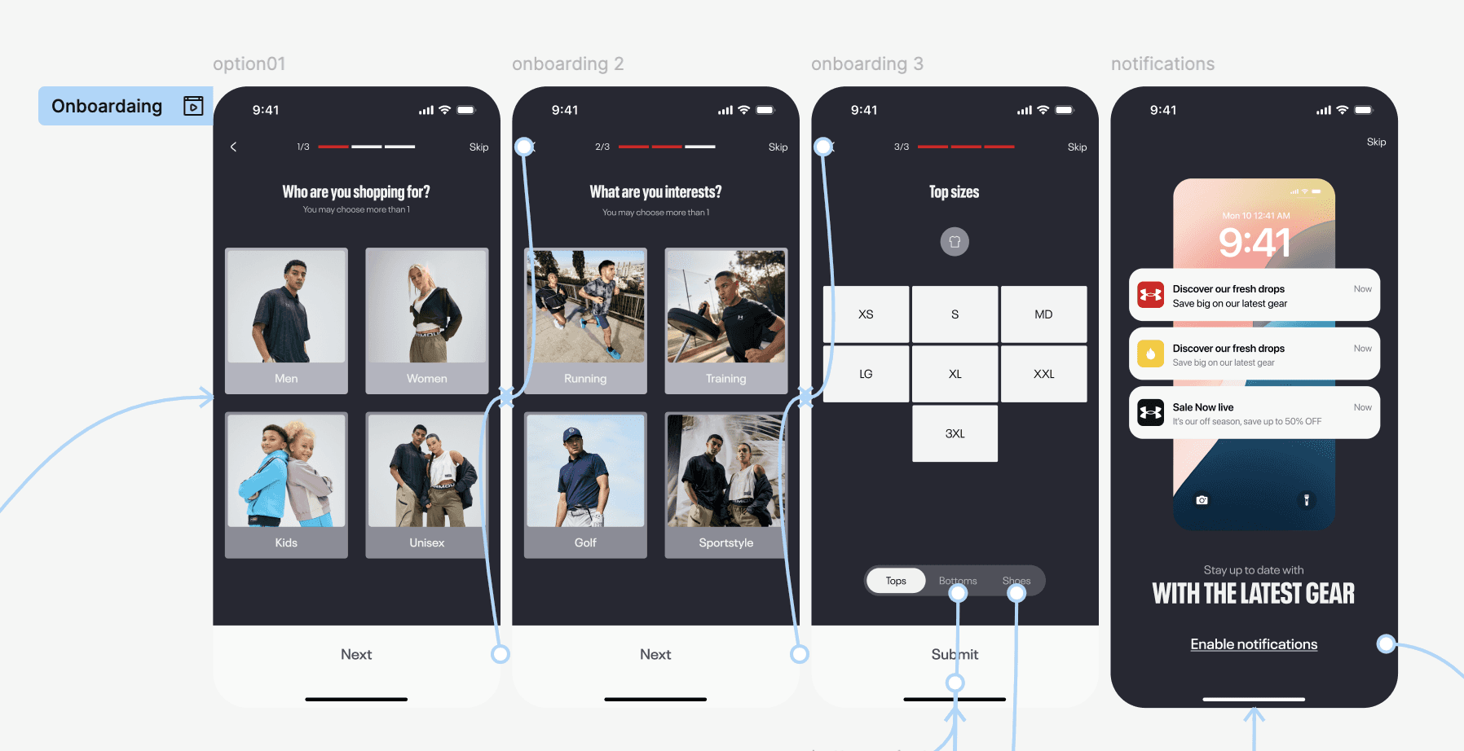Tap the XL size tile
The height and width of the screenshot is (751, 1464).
[x=955, y=374]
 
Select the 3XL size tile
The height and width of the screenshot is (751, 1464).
[x=955, y=433]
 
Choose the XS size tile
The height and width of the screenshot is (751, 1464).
[x=866, y=314]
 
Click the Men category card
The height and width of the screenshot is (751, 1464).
[x=286, y=321]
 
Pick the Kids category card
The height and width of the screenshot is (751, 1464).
[x=286, y=485]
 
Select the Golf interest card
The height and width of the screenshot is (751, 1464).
[x=585, y=485]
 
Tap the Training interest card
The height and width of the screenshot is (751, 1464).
[x=726, y=321]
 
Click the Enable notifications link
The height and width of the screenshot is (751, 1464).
[x=1254, y=644]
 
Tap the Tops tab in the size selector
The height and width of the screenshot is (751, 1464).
[x=896, y=581]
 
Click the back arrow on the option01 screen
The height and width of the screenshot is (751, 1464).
[x=234, y=147]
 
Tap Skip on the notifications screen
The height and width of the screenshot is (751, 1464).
[x=1376, y=142]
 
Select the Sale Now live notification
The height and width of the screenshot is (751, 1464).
[x=1255, y=413]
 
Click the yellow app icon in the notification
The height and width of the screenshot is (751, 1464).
[x=1150, y=354]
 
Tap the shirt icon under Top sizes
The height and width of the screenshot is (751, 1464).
[x=955, y=242]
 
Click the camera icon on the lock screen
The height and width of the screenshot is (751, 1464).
[x=1202, y=500]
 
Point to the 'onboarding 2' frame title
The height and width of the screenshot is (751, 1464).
[x=567, y=64]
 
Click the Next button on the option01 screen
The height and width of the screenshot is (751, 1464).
[x=356, y=654]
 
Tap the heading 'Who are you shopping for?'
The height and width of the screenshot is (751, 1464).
[x=356, y=192]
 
